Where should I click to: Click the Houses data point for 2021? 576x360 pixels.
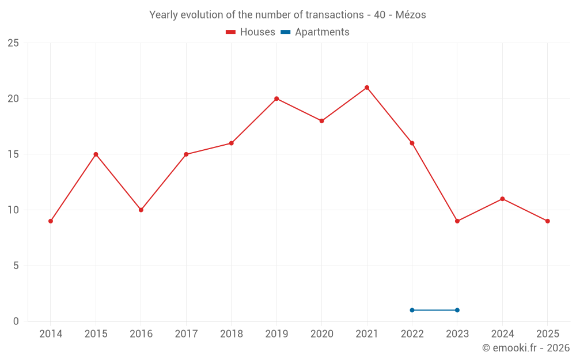pos(367,88)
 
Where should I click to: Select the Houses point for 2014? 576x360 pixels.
pos(51,221)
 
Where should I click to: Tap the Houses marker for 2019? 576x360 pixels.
pos(276,98)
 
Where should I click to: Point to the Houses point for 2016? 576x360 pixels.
pos(141,210)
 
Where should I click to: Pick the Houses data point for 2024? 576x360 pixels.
pos(502,199)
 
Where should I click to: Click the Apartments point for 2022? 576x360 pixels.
pos(412,310)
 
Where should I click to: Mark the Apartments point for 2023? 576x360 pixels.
pos(457,310)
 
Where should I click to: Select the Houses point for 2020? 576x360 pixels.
pos(322,121)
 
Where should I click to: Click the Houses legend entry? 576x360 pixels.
pos(251,32)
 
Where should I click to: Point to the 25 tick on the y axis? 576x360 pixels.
pos(13,43)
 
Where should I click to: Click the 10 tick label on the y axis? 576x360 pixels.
pos(13,210)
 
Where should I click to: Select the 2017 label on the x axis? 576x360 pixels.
pos(186,334)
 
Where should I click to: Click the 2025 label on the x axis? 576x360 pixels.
pos(547,334)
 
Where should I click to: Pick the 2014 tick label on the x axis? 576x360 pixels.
pos(51,334)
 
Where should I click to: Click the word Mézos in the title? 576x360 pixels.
pos(411,15)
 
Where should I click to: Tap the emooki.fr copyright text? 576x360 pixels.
pos(526,348)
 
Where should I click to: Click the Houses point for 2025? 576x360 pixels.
pos(547,221)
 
